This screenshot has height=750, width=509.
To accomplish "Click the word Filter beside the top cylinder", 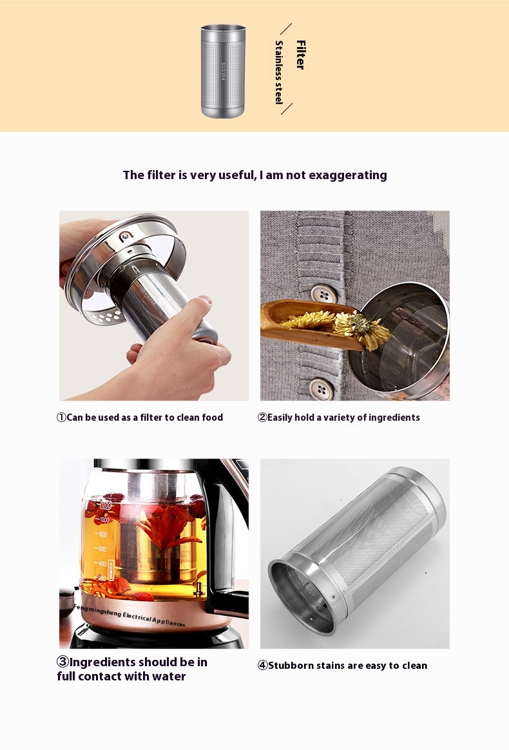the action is (x=300, y=55).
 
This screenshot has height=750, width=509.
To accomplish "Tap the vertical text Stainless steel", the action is (x=279, y=72).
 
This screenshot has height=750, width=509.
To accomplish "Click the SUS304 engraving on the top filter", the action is (x=223, y=71).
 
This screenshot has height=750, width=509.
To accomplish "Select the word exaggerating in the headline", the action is (x=348, y=175).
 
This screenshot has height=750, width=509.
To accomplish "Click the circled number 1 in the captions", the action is (x=61, y=418).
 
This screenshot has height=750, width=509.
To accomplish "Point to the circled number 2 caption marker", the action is (x=262, y=418).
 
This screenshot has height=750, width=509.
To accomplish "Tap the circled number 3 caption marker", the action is (x=62, y=662).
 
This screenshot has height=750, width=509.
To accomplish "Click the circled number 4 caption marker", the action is (x=263, y=666).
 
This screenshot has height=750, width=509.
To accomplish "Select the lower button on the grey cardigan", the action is (x=322, y=389).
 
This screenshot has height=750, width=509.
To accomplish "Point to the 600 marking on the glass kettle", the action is (x=102, y=548).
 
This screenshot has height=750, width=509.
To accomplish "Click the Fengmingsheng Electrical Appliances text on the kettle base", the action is (x=129, y=615).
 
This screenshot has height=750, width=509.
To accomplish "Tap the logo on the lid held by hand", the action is (x=126, y=236).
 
